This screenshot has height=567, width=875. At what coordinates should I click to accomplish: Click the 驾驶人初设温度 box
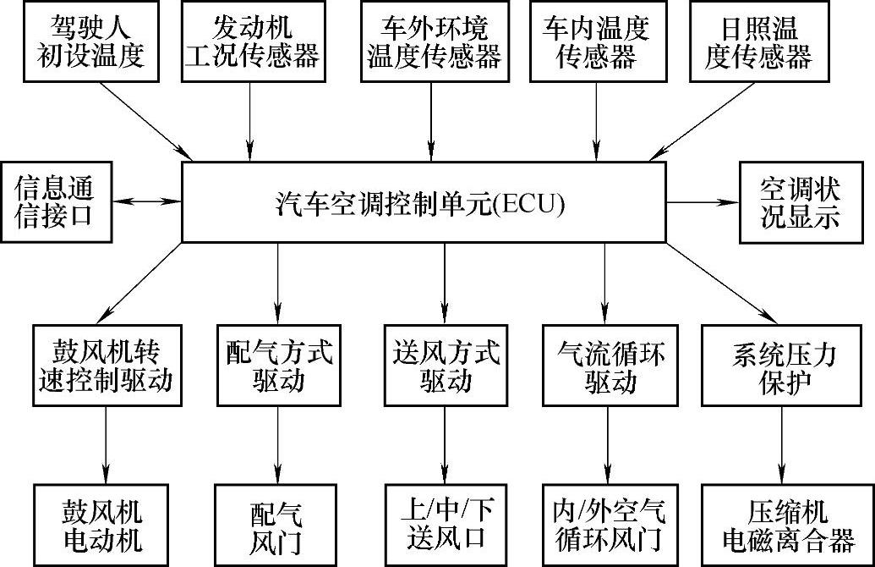(x=91, y=41)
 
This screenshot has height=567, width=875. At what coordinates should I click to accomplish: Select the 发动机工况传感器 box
(x=254, y=41)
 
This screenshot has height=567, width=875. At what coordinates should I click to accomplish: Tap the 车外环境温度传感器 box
(x=435, y=41)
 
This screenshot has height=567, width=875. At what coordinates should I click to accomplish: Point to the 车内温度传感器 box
(x=598, y=41)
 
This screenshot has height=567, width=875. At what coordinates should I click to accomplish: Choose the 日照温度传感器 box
(x=759, y=41)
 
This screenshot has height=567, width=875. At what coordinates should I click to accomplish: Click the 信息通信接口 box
(x=56, y=201)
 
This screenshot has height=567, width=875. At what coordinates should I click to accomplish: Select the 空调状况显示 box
(x=801, y=202)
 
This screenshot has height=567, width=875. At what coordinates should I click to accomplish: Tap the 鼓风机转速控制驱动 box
(x=107, y=366)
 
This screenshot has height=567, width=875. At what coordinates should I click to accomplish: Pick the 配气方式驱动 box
(x=278, y=366)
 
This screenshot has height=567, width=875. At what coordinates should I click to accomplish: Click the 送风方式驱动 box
(x=446, y=366)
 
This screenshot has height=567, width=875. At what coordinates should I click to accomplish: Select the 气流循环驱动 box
(x=610, y=366)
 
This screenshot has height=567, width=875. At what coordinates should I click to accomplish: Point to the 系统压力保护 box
(x=781, y=366)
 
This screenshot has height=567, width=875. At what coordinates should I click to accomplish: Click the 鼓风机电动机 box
(x=101, y=525)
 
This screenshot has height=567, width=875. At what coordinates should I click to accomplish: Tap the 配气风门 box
(x=276, y=525)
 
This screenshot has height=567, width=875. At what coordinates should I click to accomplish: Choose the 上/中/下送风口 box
(x=446, y=525)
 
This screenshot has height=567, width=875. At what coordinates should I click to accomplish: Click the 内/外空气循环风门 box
(x=610, y=525)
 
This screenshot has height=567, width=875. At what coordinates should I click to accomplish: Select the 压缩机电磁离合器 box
(x=788, y=525)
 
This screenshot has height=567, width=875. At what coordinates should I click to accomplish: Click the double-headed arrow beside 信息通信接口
(x=147, y=201)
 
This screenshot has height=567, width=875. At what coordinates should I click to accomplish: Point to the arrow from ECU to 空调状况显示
(x=703, y=201)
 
